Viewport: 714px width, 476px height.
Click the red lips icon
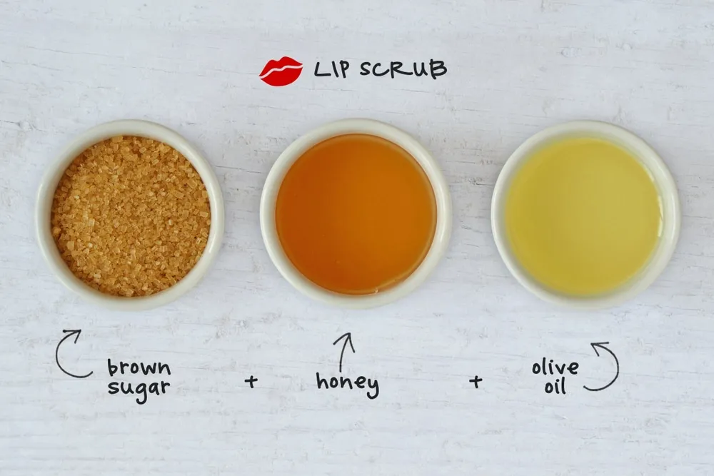click(x=281, y=71)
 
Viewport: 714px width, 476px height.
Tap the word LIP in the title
click(x=332, y=69)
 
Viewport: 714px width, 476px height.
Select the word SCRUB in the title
click(x=403, y=69)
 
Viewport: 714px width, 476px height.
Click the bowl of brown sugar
click(x=131, y=215)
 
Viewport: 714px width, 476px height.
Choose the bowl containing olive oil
click(x=585, y=215)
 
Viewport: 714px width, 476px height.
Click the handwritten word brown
click(x=139, y=368)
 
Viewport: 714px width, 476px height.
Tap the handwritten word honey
click(x=348, y=384)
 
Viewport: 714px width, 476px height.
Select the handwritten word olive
click(x=555, y=367)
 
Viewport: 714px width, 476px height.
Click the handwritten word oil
click(x=555, y=386)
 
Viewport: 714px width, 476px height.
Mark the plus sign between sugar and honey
click(x=251, y=381)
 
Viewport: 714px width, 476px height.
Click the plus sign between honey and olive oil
click(x=476, y=381)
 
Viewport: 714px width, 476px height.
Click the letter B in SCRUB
click(x=438, y=70)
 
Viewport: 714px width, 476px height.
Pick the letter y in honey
click(x=373, y=388)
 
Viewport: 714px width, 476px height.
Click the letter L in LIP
click(x=321, y=69)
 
